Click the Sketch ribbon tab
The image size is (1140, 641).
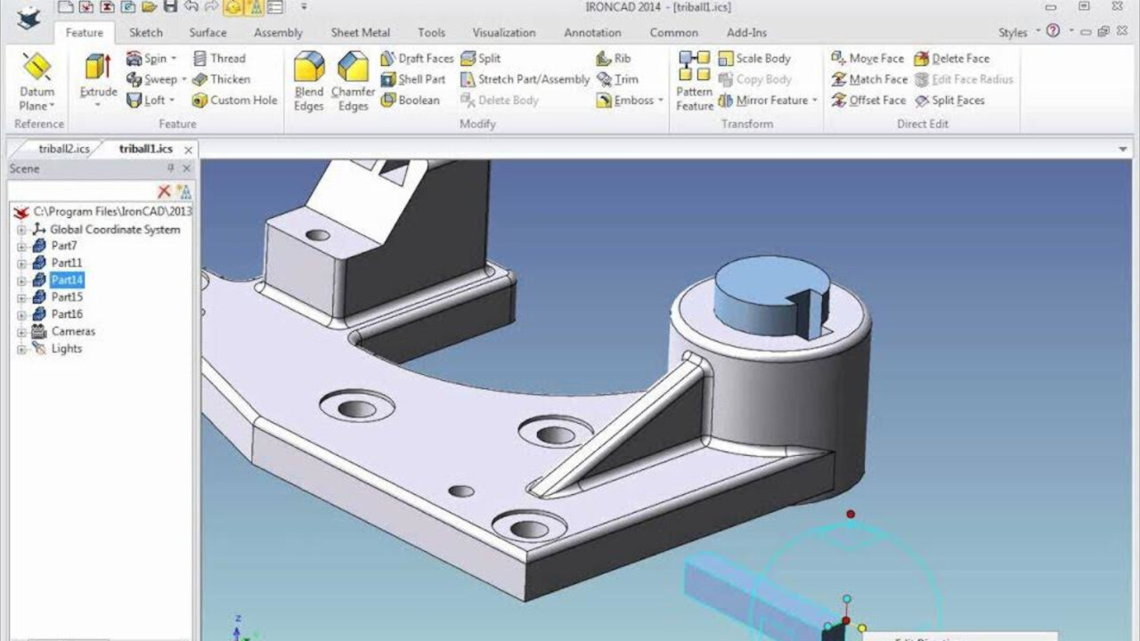click(x=146, y=33)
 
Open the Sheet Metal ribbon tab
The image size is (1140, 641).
click(x=360, y=33)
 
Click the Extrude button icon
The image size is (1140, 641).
click(x=98, y=68)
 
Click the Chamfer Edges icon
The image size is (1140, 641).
click(x=353, y=68)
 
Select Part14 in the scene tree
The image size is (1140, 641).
click(x=67, y=280)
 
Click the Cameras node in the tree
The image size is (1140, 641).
click(x=72, y=331)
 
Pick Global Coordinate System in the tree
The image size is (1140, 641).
click(x=114, y=229)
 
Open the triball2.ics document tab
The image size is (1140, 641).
click(x=63, y=149)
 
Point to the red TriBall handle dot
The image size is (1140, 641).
click(x=851, y=514)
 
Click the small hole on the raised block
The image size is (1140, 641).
click(x=317, y=236)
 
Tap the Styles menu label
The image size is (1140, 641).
click(x=1012, y=33)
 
